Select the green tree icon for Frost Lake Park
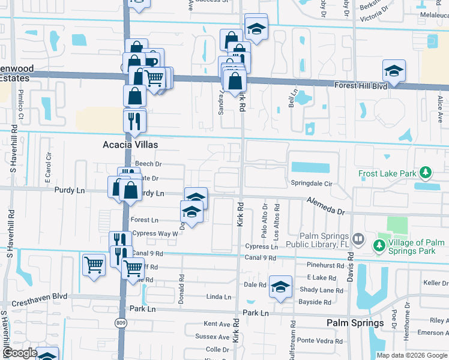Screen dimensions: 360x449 point(426,173)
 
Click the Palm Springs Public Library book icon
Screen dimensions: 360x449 point(358,239)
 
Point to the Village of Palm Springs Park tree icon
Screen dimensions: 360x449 point(379,245)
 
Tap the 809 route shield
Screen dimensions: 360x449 point(121,323)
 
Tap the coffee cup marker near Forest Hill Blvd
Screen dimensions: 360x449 point(151,61)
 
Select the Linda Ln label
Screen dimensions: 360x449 point(218,296)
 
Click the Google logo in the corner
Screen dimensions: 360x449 point(19,352)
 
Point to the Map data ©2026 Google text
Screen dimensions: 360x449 point(411,355)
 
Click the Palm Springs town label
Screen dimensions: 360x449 point(355,323)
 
